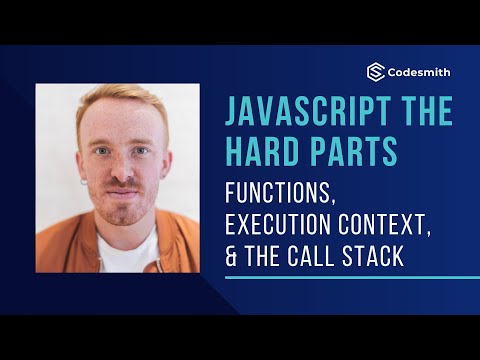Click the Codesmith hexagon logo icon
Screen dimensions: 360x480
coord(376,72)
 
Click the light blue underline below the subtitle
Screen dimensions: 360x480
coord(330,278)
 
